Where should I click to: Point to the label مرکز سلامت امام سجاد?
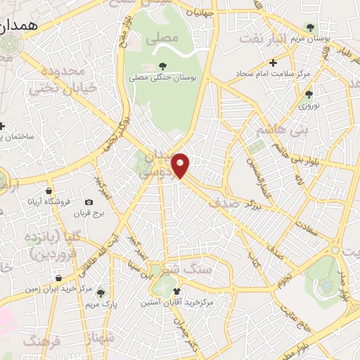pos(274,74)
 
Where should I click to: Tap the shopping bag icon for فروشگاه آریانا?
pos(48,190)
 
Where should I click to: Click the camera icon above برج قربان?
pos(89,202)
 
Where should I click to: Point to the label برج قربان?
pos(89,213)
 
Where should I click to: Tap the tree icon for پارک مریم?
pos(101,292)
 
